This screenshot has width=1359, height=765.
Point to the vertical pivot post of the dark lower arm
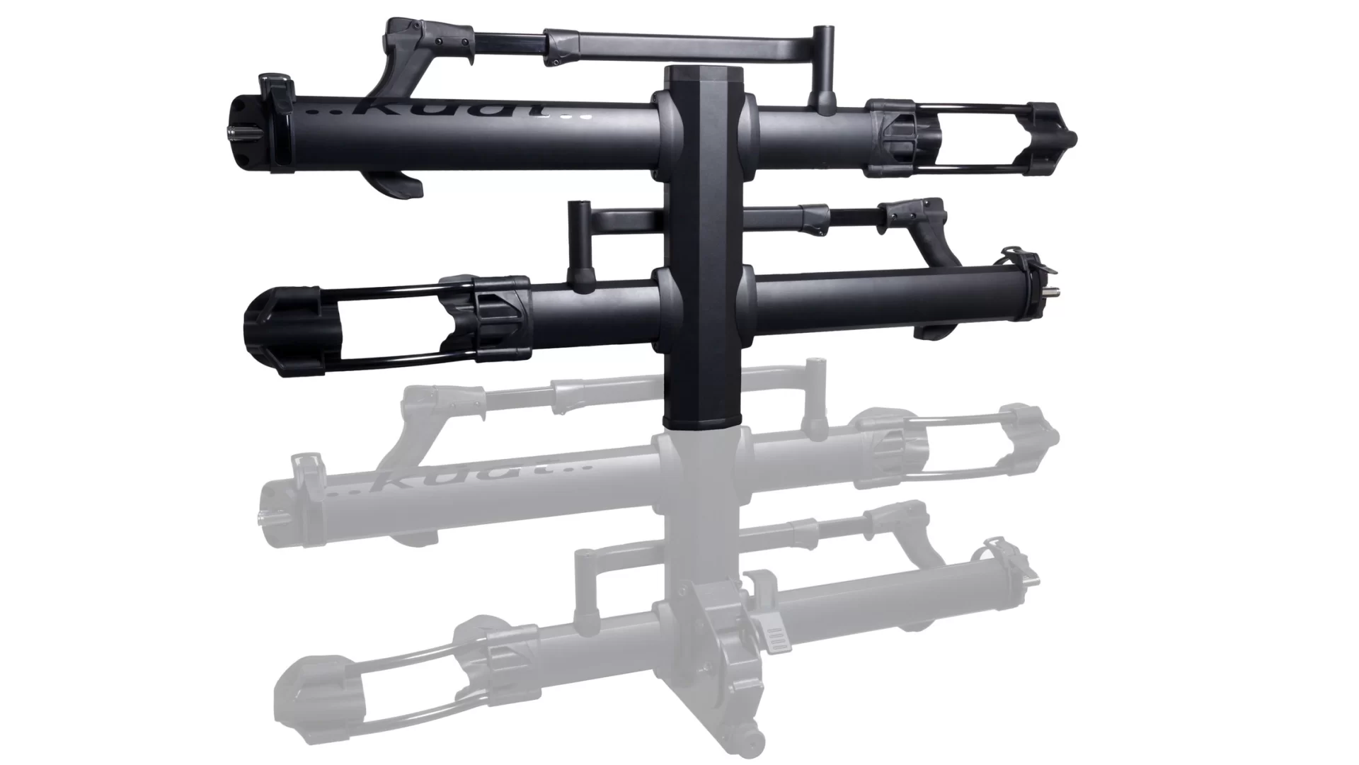click(x=580, y=244)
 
